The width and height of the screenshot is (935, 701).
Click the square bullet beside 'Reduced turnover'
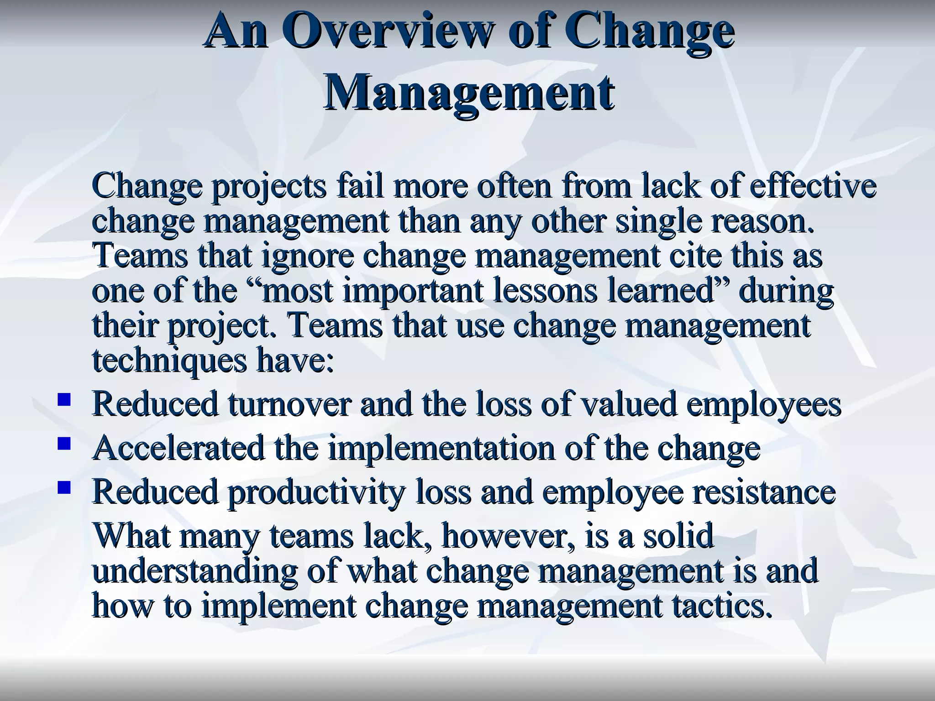(64, 400)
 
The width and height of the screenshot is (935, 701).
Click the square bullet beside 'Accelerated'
(64, 444)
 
